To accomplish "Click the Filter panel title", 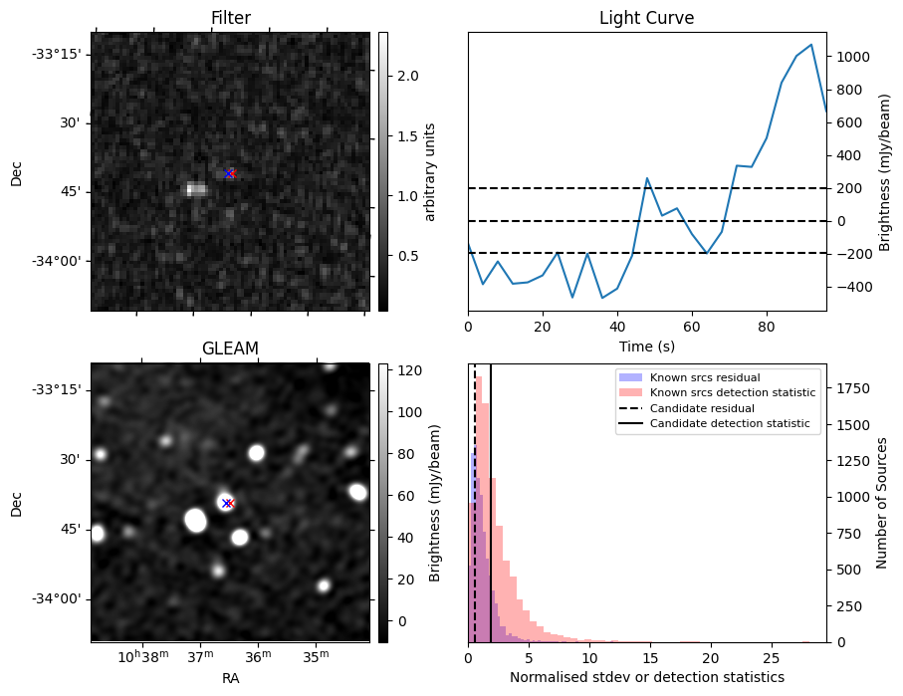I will click(x=231, y=18).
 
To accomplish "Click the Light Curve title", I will click(x=646, y=18).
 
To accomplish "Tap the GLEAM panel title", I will click(x=230, y=348).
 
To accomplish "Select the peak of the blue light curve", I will click(x=811, y=45).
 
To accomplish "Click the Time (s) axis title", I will click(x=646, y=346).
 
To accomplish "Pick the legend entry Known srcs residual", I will click(x=705, y=377).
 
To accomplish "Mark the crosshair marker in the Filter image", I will click(x=230, y=173).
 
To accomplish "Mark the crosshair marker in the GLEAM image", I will click(x=228, y=503).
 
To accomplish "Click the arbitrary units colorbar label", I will click(x=430, y=171).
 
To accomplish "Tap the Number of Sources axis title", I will click(x=882, y=503).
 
